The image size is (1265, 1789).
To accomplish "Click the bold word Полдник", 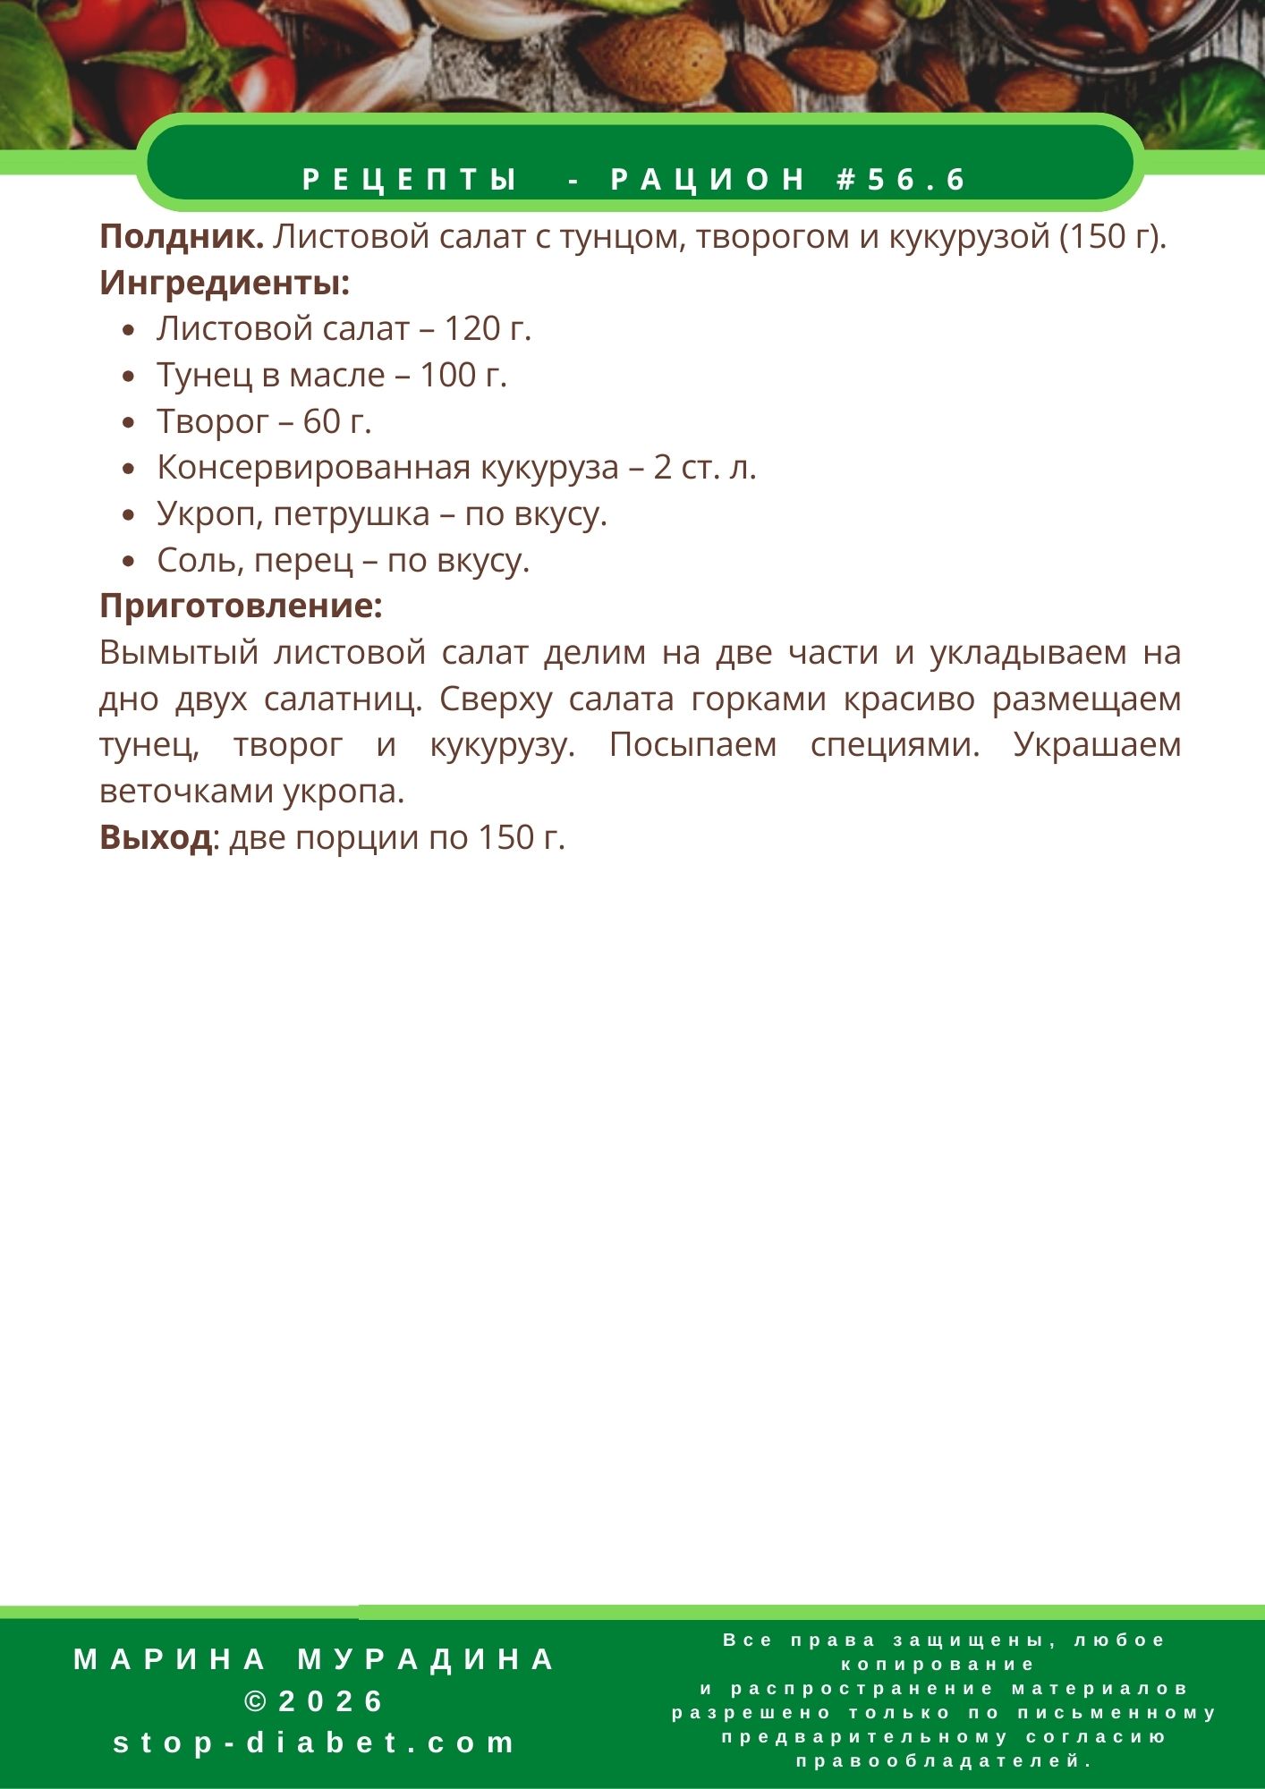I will click(181, 237).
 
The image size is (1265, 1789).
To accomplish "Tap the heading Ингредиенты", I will click(224, 284).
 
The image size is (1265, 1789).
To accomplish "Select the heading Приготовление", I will click(241, 606).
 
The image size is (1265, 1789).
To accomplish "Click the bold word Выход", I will click(156, 837).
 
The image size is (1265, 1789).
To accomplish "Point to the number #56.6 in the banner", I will click(901, 180).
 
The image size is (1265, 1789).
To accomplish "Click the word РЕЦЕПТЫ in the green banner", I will click(411, 180).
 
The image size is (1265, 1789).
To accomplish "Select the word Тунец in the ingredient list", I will click(205, 376).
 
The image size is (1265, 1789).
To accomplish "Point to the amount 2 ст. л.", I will click(705, 468).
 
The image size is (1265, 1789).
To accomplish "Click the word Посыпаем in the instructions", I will click(692, 745).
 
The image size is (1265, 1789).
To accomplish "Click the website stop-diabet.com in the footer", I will click(315, 1742).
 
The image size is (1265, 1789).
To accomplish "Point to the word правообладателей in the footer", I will click(944, 1761).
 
